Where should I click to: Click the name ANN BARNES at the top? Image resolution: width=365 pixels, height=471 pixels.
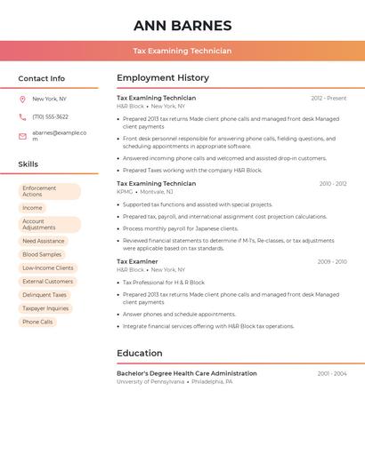[182, 26]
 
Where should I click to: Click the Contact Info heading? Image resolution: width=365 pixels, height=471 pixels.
[41, 78]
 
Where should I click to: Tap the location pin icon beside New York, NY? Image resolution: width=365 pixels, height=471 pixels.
[22, 100]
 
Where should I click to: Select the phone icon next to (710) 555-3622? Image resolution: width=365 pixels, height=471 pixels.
[22, 117]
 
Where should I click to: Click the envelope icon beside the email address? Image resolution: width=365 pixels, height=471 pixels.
[22, 136]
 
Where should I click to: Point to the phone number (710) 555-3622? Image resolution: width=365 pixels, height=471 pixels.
[50, 117]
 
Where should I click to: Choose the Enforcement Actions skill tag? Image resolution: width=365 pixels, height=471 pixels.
[49, 192]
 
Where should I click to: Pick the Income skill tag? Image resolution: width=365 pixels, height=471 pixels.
[32, 208]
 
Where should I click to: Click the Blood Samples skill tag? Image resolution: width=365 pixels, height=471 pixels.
[42, 254]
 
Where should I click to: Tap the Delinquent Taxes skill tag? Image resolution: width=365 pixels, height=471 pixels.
[45, 295]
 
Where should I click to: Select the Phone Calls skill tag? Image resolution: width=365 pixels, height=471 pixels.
[37, 322]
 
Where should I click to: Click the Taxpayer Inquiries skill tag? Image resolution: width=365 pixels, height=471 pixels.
[45, 308]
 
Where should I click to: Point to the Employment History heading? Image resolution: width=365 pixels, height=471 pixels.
[162, 78]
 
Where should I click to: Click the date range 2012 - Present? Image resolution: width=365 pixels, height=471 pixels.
[328, 99]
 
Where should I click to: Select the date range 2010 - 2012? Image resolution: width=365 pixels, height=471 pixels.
[333, 184]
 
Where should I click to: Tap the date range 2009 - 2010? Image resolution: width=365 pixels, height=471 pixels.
[332, 262]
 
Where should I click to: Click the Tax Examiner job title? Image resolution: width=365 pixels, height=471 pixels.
[137, 262]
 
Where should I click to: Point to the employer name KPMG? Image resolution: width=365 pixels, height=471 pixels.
[125, 192]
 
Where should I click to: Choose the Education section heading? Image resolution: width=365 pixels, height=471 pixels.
[139, 353]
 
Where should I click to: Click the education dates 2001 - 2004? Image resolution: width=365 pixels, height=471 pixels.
[332, 374]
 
